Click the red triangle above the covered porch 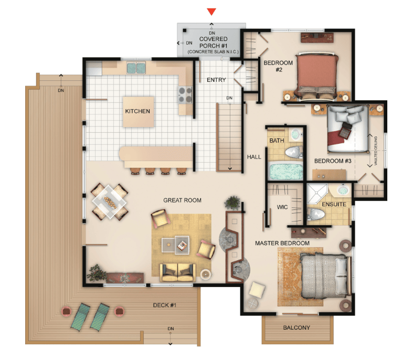211,12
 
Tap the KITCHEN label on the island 137,111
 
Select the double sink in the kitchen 136,68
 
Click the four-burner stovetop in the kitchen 185,95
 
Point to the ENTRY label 216,80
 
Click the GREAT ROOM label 182,200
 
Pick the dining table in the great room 110,202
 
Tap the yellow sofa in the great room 177,272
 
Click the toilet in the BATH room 294,152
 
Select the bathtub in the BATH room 285,171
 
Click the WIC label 282,207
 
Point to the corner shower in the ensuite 317,194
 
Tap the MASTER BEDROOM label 282,243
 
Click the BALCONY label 296,327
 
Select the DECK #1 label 164,305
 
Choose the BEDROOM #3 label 333,161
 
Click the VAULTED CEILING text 376,151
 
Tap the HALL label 254,157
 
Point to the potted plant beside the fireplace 233,203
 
